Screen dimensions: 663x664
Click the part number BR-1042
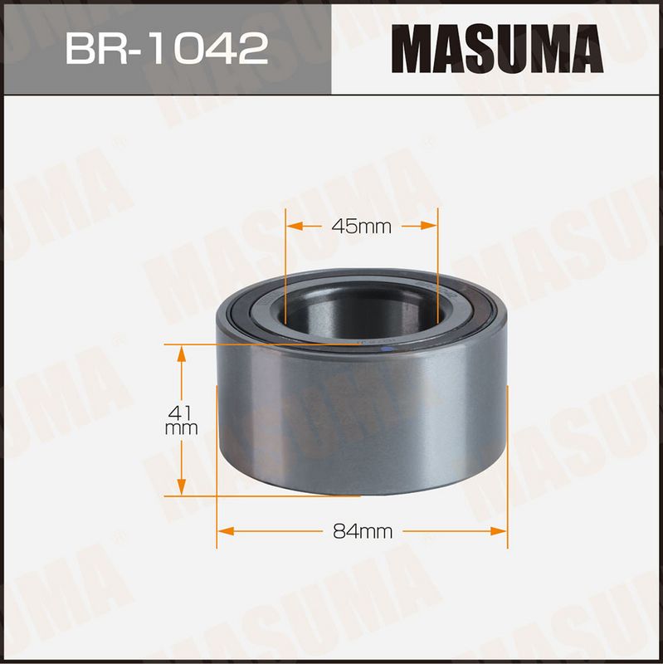coord(167,49)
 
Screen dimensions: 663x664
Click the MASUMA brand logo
coord(497,49)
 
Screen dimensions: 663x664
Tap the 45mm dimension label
coord(362,227)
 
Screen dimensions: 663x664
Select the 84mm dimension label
coord(363,531)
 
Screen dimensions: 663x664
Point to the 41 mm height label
coord(181,420)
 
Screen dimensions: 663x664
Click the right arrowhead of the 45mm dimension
coord(428,226)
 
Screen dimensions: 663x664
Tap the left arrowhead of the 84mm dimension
coord(225,531)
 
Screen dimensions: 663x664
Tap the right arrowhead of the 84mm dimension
coord(499,531)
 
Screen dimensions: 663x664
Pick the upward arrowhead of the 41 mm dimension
coord(181,354)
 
